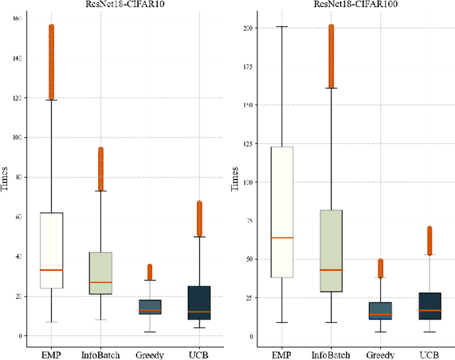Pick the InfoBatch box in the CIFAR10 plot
pos(100,273)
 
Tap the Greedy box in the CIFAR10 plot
pos(149,307)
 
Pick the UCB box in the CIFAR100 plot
pos(429,306)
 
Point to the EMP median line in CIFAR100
pos(282,238)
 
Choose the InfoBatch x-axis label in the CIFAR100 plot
pos(331,352)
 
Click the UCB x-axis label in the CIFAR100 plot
pos(429,352)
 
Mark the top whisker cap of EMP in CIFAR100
pos(282,26)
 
